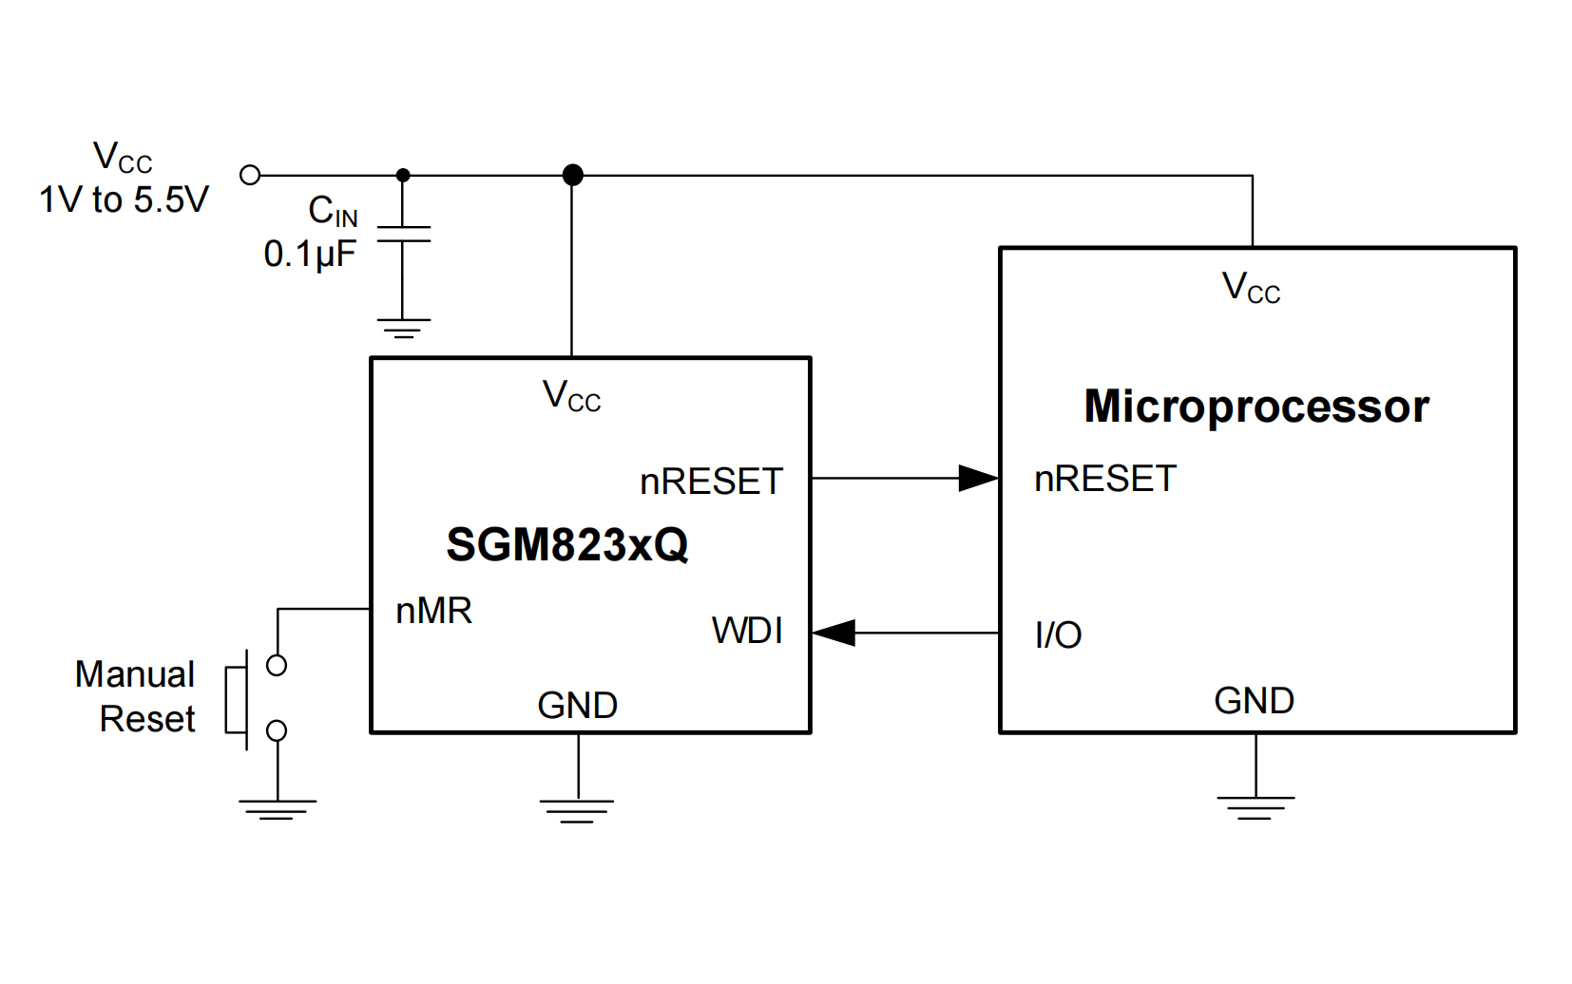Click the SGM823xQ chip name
click(566, 544)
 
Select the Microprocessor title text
click(1256, 407)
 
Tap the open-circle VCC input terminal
click(250, 175)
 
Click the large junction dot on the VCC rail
click(572, 175)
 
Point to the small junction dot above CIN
click(403, 175)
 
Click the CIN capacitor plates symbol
click(403, 234)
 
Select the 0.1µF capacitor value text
click(310, 255)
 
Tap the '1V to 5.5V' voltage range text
click(124, 199)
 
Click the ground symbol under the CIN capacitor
click(403, 328)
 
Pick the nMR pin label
click(433, 611)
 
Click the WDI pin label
click(747, 631)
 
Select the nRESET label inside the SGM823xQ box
click(711, 482)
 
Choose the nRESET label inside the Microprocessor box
click(1105, 479)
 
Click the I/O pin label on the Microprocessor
click(1058, 635)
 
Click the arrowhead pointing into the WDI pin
click(834, 633)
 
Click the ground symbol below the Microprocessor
click(1256, 807)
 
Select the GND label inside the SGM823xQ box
click(577, 706)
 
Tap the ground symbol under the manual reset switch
click(277, 808)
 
